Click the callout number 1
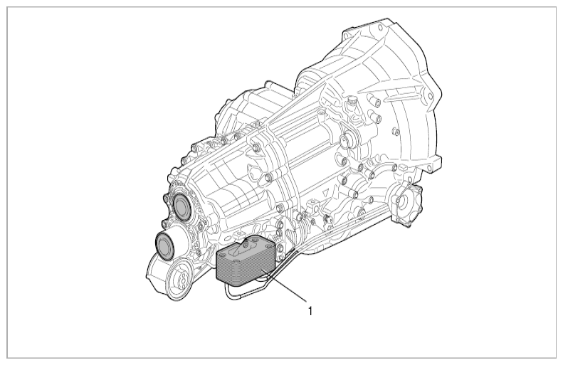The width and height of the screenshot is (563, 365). pos(310,311)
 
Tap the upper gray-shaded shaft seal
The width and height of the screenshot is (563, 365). pos(181,206)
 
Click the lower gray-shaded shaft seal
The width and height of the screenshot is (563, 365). pos(165,245)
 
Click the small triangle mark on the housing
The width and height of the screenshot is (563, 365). pos(326,191)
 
